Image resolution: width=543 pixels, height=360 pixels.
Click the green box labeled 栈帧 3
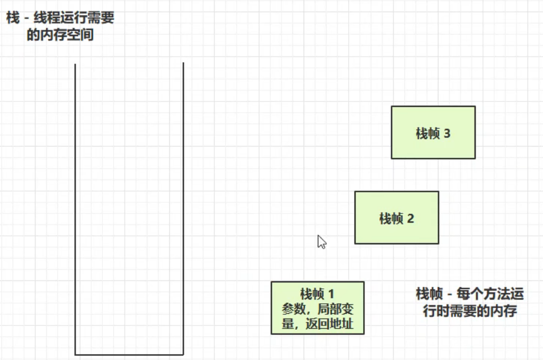coord(433,132)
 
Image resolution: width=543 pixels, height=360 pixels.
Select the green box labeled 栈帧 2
coord(397,218)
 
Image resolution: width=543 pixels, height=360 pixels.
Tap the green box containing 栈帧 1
coord(317,307)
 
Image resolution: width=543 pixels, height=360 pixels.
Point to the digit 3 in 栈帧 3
coord(447,133)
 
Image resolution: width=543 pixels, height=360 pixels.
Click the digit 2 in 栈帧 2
coord(410,219)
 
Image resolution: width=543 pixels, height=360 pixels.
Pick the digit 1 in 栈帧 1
coord(331,294)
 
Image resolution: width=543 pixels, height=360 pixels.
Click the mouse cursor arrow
coord(322,242)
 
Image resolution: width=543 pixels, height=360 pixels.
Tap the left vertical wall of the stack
coord(75,209)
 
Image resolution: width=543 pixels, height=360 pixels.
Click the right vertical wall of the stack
coord(183,209)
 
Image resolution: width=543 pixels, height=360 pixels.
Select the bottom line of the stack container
coord(129,355)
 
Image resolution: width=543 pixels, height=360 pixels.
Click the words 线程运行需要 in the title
coord(74,18)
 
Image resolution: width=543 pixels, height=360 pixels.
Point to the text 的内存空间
coord(61,35)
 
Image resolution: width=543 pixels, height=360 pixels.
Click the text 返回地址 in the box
coord(329,323)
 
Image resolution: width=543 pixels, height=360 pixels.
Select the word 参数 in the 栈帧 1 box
coord(294,308)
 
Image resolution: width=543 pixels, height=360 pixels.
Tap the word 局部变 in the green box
coord(335,308)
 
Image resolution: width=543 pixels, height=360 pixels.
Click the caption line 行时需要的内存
coord(470,311)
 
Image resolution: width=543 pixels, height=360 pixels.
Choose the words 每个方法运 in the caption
coord(490,294)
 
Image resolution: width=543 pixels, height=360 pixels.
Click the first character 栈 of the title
coord(13,18)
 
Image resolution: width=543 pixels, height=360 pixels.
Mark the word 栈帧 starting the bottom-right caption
coord(429,294)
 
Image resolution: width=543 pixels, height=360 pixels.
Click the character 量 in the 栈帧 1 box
coord(288,323)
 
